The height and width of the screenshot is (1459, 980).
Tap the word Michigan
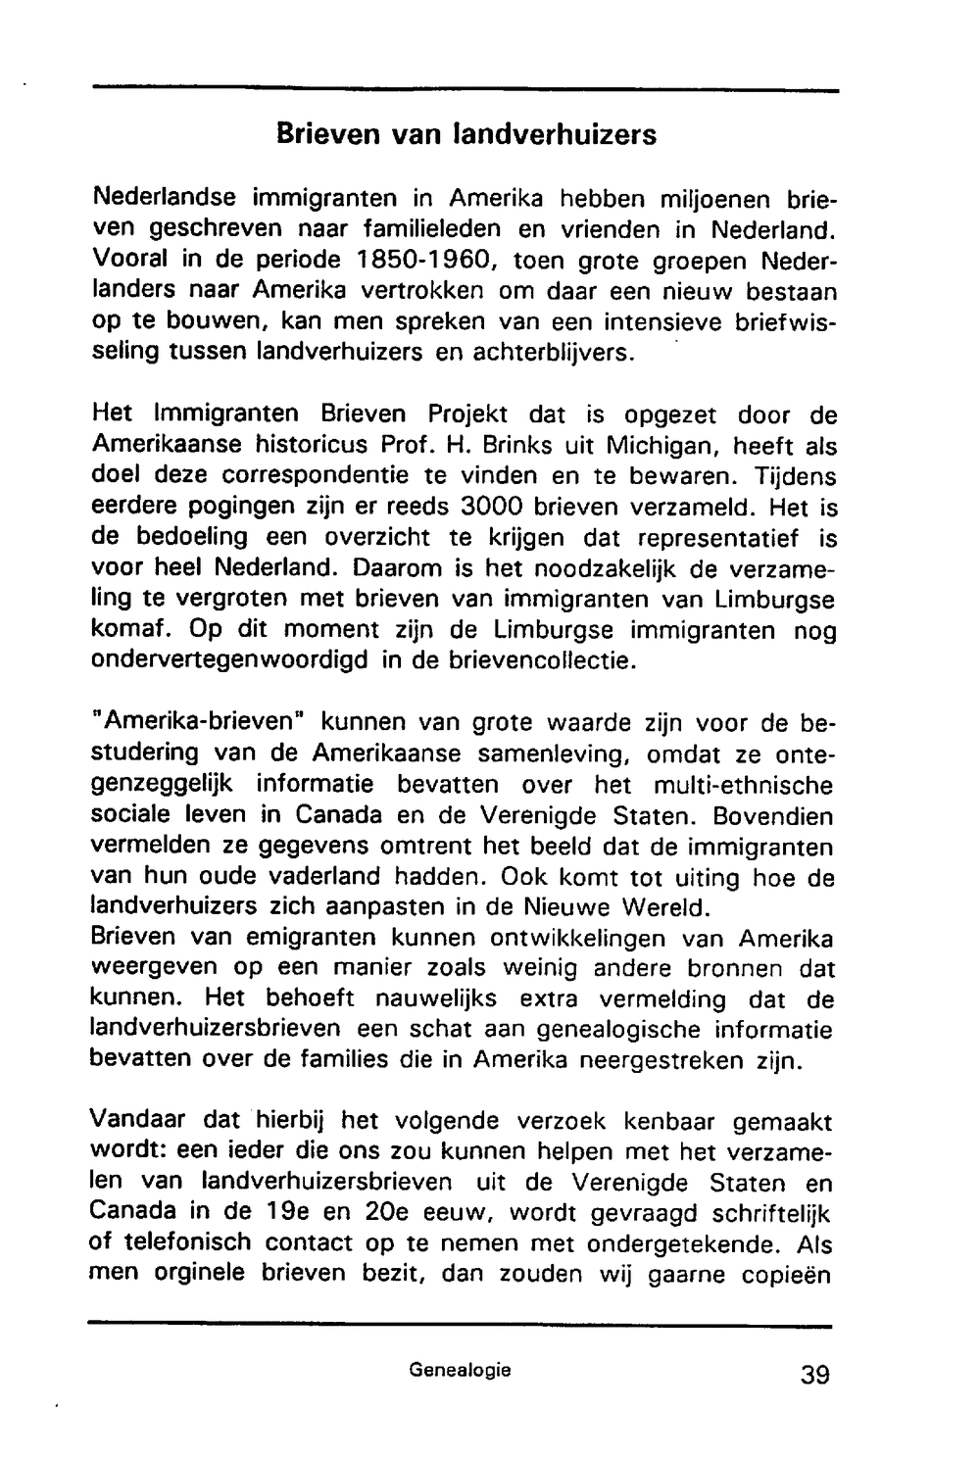pyautogui.click(x=653, y=446)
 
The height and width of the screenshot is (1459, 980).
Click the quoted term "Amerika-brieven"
pyautogui.click(x=198, y=723)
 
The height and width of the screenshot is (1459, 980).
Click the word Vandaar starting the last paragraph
pyautogui.click(x=136, y=1120)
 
